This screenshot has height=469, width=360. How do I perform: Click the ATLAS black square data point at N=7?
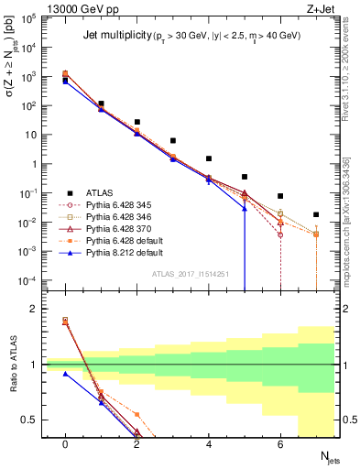click(x=316, y=215)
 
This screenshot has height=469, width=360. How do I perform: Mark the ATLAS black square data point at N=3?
click(x=172, y=141)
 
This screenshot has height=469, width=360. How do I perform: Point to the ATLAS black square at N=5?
click(x=245, y=177)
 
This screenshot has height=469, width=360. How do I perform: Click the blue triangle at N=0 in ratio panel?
click(x=65, y=374)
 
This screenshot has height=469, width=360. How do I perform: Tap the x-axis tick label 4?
click(x=209, y=443)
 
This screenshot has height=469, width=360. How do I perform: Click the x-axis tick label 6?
click(x=280, y=443)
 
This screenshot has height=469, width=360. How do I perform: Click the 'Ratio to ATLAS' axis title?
click(x=12, y=366)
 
